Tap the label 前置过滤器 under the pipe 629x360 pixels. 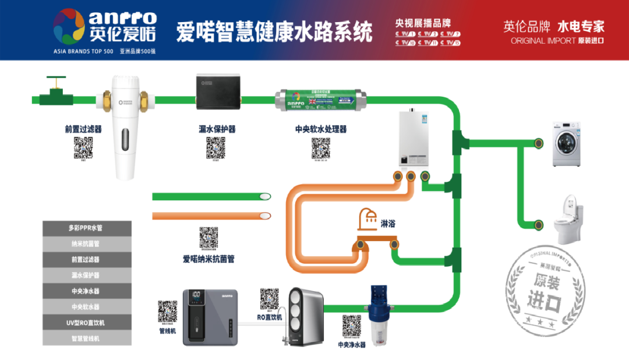83,129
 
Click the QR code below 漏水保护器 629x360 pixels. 216,148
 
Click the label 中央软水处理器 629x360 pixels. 321,129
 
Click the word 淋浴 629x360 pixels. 390,223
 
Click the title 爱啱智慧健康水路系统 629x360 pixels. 274,32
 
